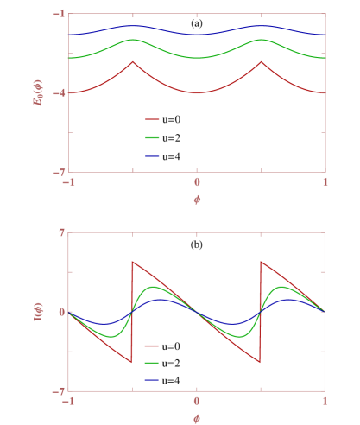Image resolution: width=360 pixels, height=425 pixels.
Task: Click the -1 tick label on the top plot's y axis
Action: point(60,14)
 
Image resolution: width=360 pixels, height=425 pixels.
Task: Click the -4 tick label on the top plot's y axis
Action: point(60,92)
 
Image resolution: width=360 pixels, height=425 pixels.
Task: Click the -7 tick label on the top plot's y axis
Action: point(60,172)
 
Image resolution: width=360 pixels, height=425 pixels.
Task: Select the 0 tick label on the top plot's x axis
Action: point(197,182)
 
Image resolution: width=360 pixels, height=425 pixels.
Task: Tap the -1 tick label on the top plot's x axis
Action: point(67,182)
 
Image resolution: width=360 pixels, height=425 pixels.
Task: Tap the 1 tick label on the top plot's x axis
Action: point(325,182)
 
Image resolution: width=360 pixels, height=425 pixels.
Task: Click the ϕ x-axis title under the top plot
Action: point(197,199)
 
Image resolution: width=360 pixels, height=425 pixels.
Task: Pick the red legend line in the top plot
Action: point(153,120)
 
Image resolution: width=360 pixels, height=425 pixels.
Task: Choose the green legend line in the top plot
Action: point(153,137)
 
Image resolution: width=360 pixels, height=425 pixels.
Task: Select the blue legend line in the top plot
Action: point(153,155)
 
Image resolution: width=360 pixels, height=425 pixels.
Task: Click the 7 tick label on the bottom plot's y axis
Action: point(61,232)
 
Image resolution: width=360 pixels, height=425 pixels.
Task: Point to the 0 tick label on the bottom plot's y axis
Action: point(61,312)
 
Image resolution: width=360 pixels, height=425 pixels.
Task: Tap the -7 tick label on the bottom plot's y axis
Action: point(60,390)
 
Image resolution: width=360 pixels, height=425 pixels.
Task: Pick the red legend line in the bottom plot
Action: point(152,345)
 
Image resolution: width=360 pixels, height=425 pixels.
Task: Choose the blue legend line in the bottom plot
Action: point(152,380)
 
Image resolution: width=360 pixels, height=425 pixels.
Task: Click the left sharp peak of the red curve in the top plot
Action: point(132,61)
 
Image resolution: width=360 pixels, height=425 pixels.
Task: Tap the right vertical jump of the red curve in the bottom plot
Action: point(261,311)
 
